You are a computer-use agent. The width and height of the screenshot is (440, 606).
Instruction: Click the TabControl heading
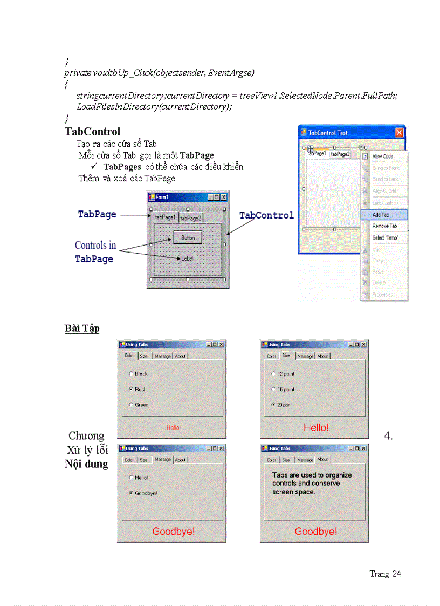[92, 132]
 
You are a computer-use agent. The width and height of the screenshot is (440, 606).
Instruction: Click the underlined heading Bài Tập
[82, 329]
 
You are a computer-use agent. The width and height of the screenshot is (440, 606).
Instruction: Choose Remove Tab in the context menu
[384, 226]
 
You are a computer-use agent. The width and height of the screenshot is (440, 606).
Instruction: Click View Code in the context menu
[382, 156]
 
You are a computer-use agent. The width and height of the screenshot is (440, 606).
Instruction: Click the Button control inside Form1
[188, 237]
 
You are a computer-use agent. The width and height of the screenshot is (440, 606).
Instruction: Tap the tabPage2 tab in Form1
[190, 218]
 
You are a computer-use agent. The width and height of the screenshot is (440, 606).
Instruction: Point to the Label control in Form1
[187, 258]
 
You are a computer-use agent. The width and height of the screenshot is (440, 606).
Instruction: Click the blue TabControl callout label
[266, 215]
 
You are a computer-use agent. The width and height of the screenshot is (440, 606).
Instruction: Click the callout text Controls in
[95, 246]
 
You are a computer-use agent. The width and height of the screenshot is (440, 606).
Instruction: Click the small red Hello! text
[173, 427]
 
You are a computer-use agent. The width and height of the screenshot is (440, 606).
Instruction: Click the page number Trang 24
[385, 574]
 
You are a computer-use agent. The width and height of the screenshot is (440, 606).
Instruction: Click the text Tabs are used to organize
[312, 475]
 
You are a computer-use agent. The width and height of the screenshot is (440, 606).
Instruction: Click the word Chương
[86, 436]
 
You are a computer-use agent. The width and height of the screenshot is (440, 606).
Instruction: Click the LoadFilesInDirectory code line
[154, 106]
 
